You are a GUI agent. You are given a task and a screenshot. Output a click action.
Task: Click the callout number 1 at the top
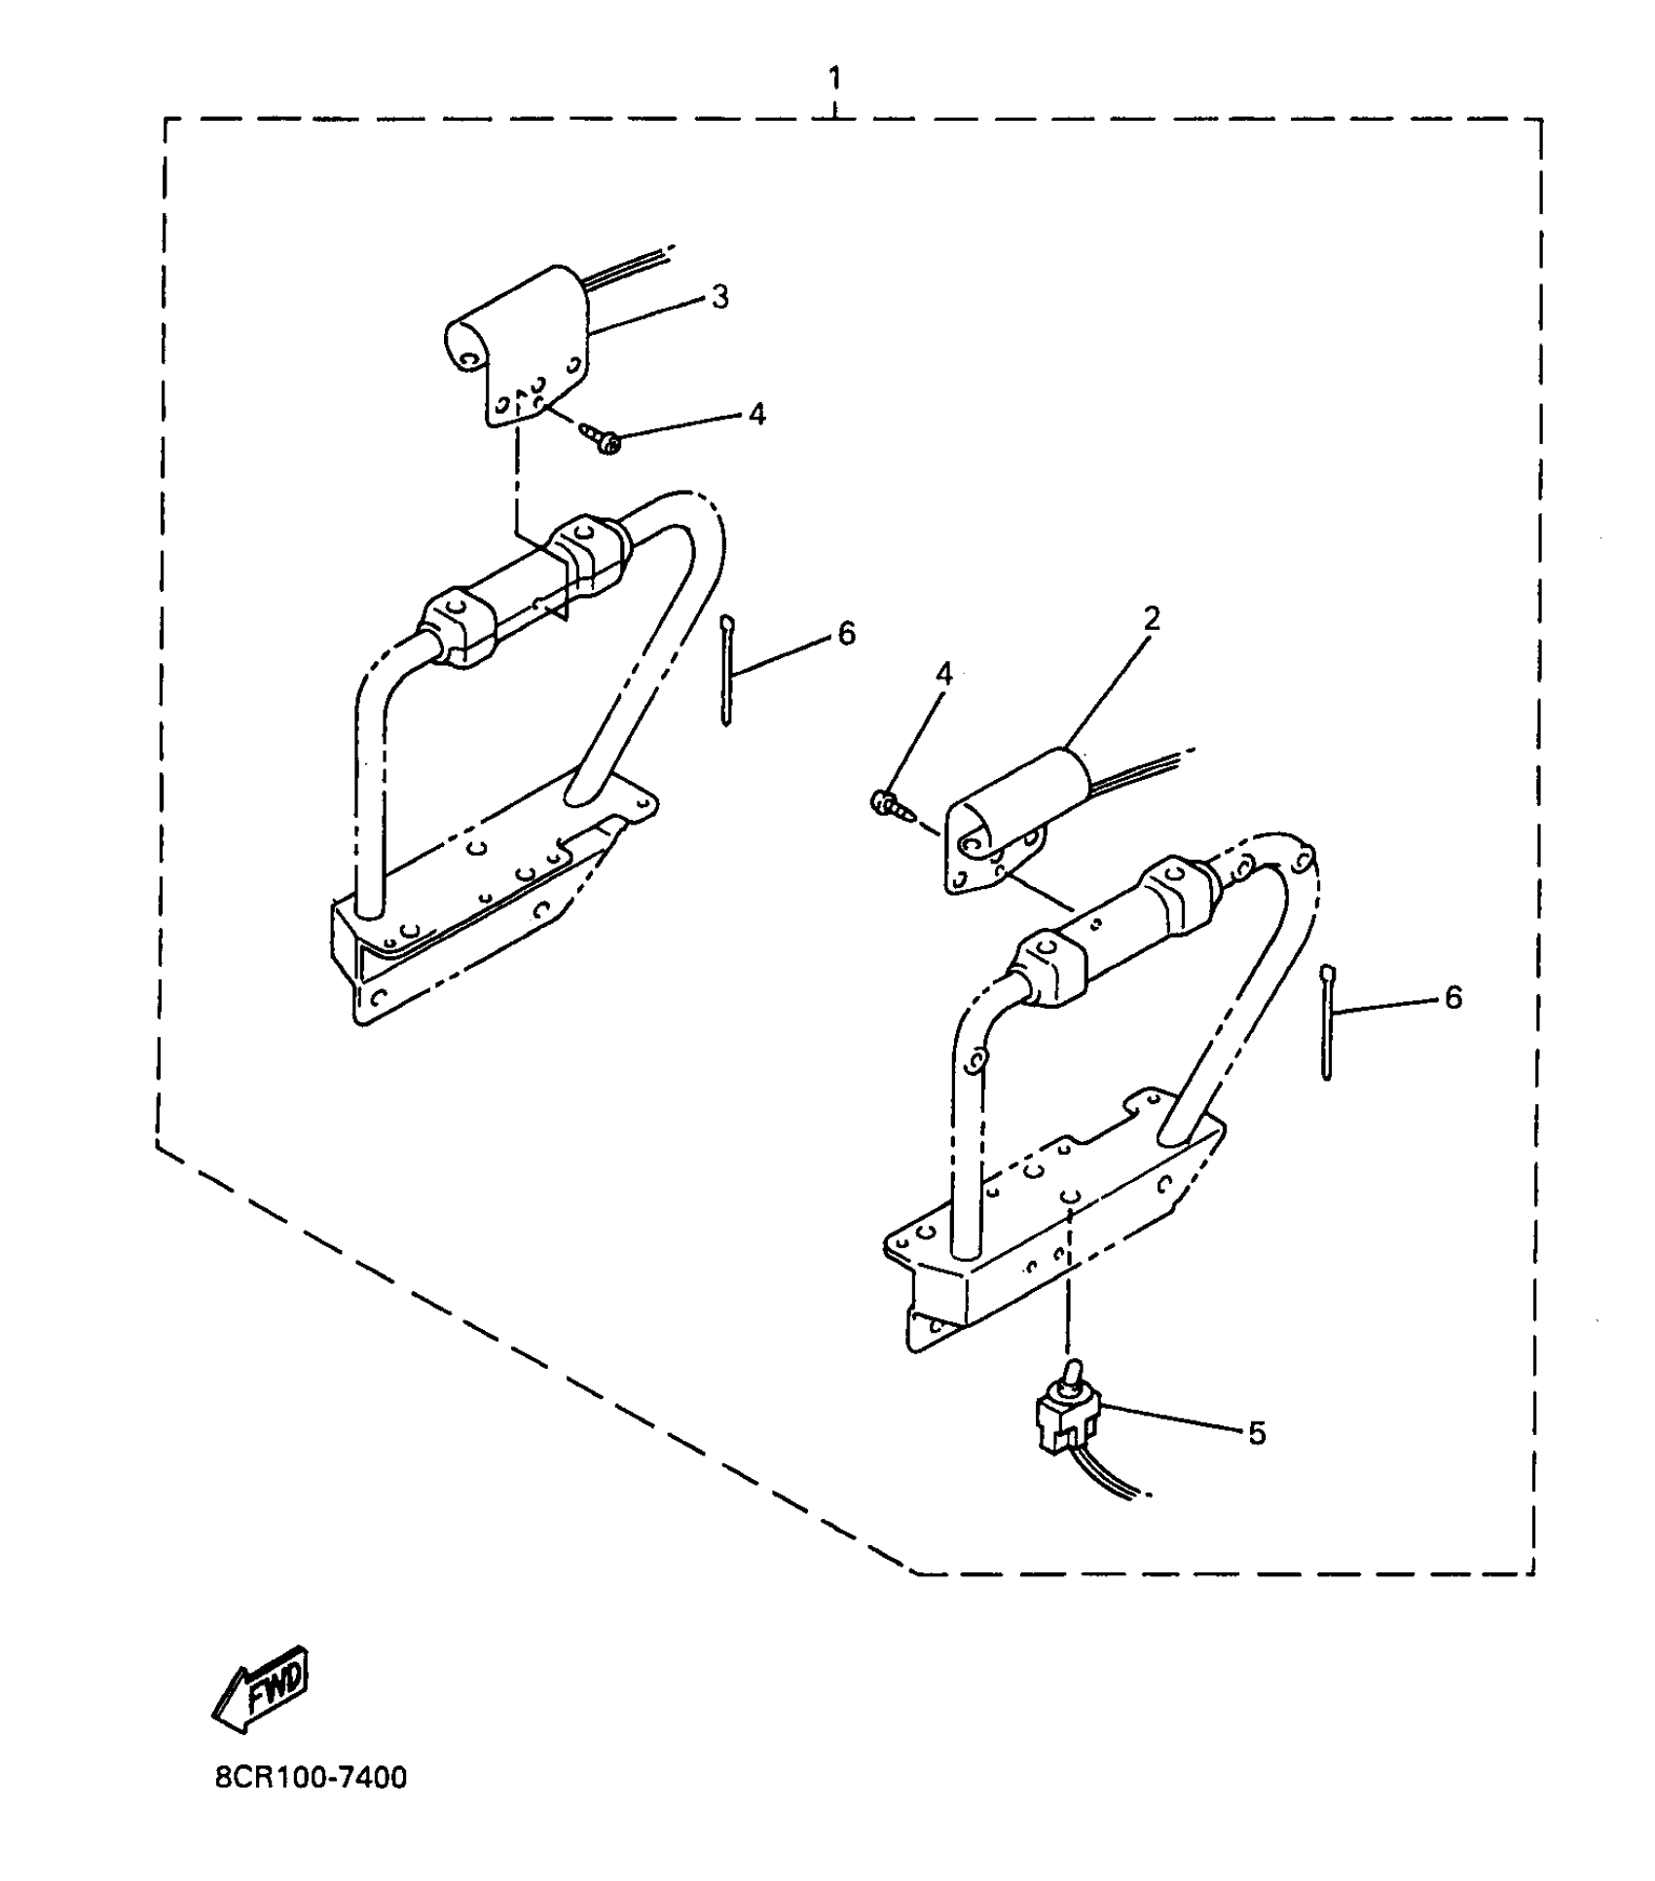(834, 79)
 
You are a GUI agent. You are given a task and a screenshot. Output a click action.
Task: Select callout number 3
(719, 297)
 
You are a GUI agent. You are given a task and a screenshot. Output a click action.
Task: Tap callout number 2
(1152, 619)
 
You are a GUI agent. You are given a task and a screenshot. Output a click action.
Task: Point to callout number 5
(1257, 1433)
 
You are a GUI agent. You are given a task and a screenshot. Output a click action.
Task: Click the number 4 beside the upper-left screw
(756, 415)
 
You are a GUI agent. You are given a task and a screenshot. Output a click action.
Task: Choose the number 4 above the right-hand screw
(943, 674)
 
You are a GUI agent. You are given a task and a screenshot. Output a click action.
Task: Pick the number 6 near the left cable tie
(846, 634)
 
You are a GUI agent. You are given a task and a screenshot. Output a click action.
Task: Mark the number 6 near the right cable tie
(1453, 997)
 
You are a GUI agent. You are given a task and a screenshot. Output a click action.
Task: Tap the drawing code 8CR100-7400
(311, 1778)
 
